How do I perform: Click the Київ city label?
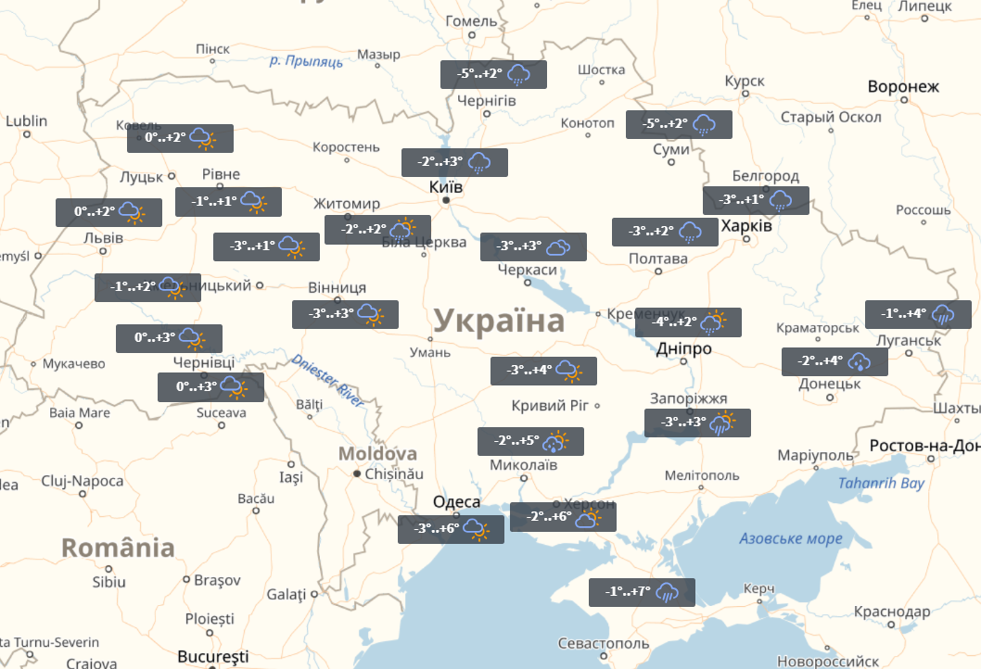coord(446,187)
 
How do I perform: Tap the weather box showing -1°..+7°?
coord(642,592)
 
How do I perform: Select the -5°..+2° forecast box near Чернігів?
coord(493,74)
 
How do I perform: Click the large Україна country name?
coord(499,322)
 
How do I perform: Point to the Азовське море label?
coord(791,538)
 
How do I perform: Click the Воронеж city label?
coord(903,87)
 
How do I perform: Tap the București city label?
coord(213,656)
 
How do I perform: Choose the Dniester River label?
coord(327,379)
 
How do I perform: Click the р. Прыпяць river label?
coord(306,61)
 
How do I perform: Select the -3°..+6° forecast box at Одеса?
coord(451,529)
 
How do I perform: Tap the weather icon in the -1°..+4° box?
coord(944,314)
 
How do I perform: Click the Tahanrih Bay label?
coord(881,484)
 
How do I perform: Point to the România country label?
coord(118,548)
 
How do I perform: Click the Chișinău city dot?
coord(356,473)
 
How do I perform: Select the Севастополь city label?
coord(604,643)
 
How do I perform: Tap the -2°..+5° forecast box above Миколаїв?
coord(530,441)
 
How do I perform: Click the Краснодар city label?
coord(892,612)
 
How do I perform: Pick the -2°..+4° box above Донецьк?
coord(834,361)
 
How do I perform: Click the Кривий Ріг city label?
coord(551,406)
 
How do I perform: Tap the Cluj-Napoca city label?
coord(83,481)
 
